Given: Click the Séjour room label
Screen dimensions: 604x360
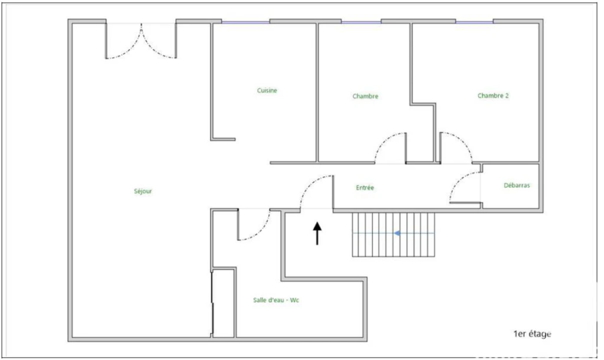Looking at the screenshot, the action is [143, 191].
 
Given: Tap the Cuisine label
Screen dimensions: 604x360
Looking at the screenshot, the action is [267, 90].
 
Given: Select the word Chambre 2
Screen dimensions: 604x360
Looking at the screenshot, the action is [493, 96].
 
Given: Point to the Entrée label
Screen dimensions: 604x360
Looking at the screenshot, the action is [365, 188].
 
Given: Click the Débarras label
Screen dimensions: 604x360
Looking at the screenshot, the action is [517, 185].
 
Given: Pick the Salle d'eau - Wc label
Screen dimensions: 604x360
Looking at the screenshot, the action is [276, 300].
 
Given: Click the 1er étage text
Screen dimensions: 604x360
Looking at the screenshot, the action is [532, 334].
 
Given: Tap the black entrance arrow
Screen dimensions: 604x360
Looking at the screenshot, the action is [317, 233].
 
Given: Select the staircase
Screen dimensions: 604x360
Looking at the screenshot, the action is [393, 234].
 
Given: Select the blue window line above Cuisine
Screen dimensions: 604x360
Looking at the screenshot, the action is [245, 22].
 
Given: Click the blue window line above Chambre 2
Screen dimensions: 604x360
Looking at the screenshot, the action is [475, 22].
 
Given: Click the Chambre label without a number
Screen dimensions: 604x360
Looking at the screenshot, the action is [365, 96].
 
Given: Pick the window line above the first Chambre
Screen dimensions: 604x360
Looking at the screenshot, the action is [362, 22].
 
